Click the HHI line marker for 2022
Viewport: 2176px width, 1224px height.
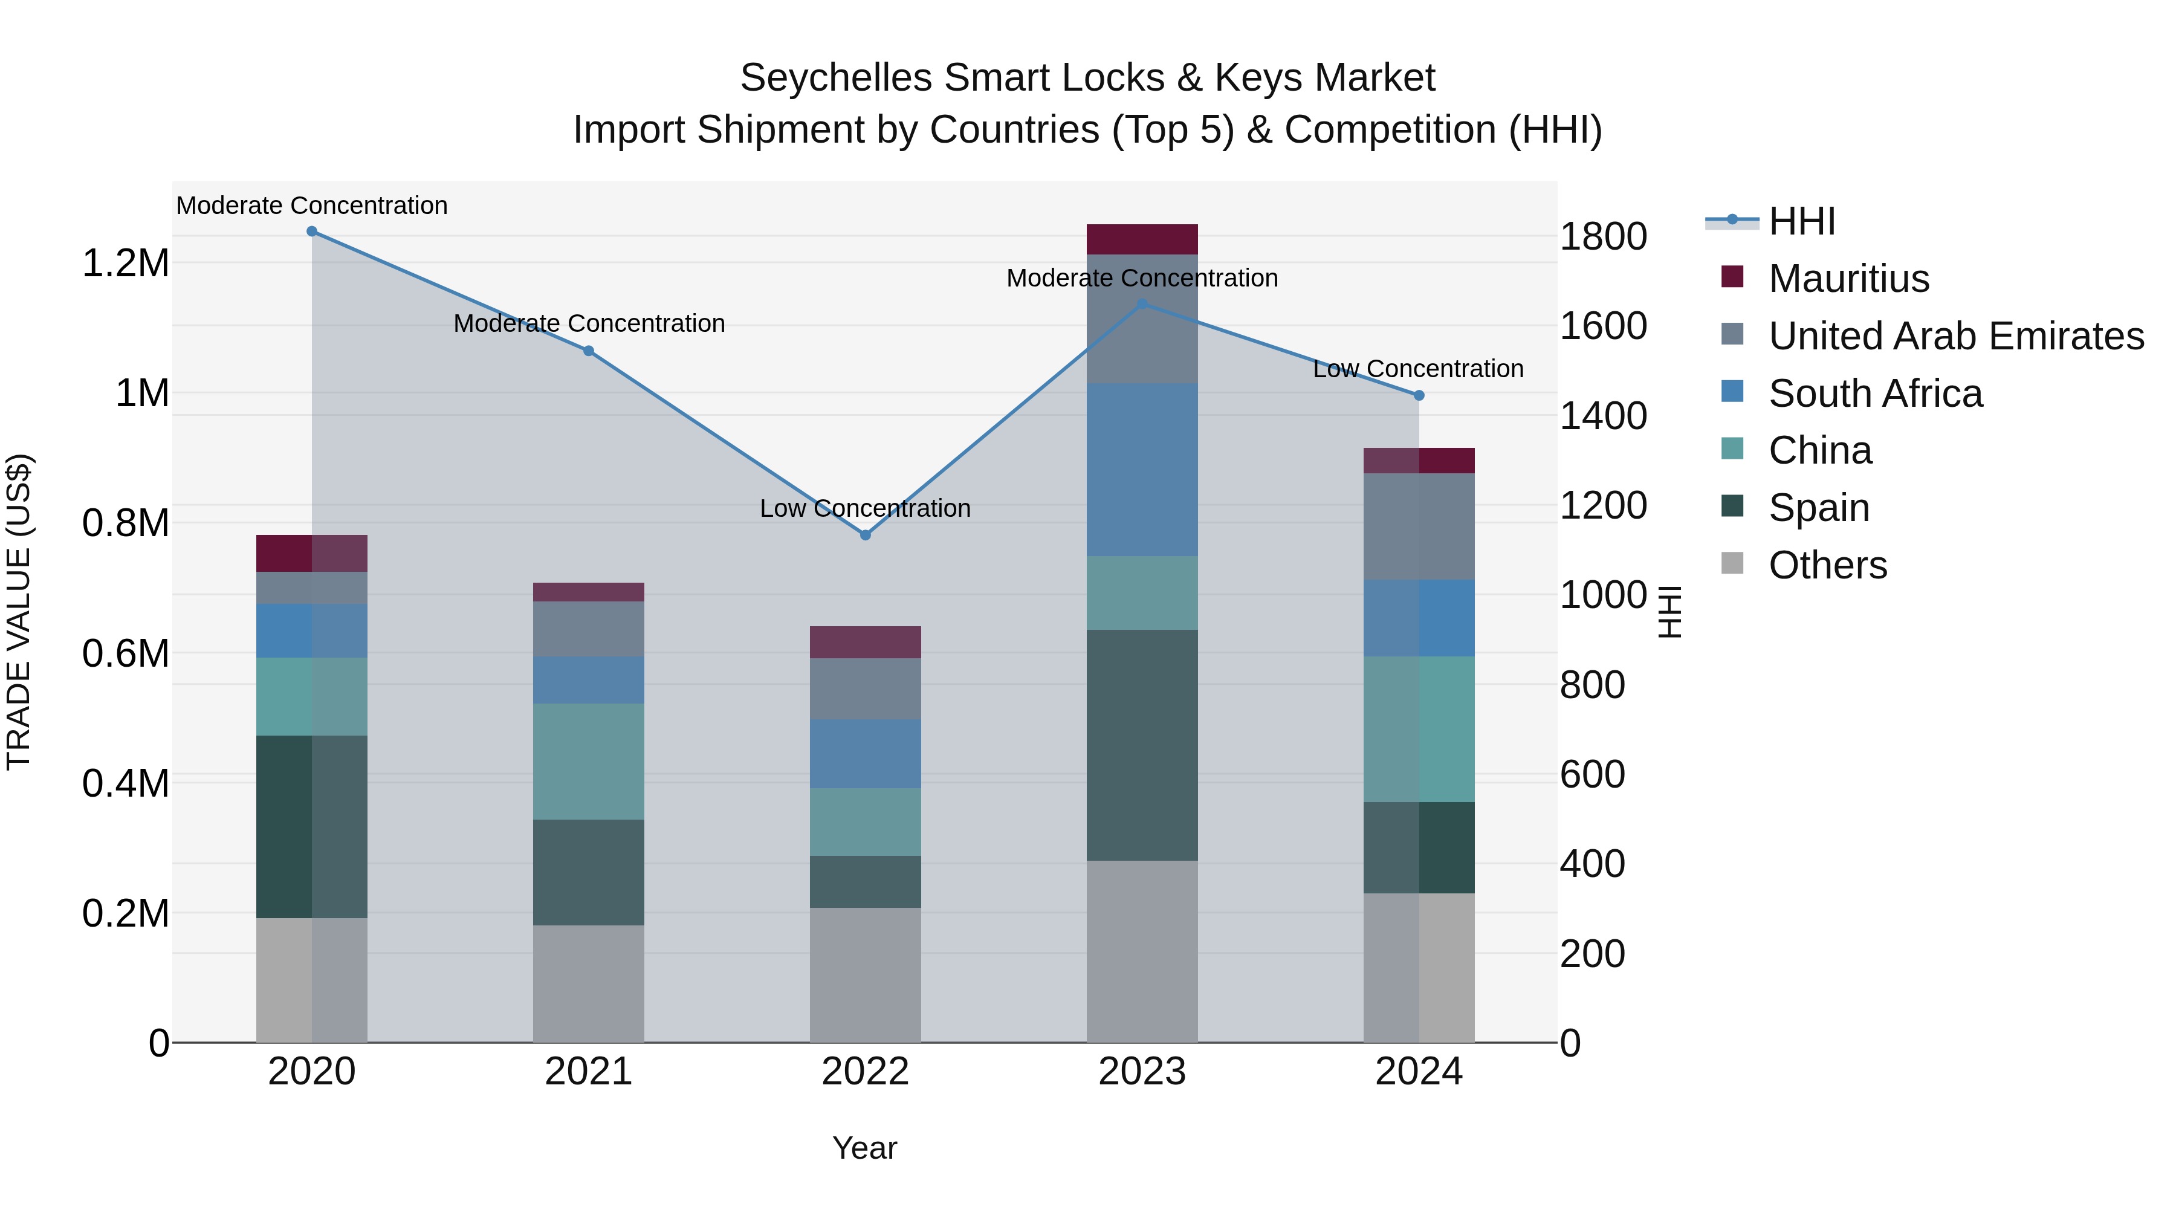[x=865, y=535]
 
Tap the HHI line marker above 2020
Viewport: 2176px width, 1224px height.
[x=312, y=231]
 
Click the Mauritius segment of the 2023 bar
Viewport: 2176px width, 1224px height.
[x=1142, y=239]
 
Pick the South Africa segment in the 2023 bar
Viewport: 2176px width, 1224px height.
[x=1142, y=469]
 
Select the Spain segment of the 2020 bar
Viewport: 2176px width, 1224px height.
[x=312, y=826]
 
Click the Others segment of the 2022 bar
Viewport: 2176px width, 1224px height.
[x=865, y=975]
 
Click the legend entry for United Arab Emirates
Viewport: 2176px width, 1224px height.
[x=1955, y=336]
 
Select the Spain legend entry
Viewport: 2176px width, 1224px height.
[x=1819, y=508]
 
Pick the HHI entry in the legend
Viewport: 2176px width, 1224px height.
[x=1801, y=221]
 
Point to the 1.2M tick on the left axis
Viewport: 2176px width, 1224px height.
[x=126, y=264]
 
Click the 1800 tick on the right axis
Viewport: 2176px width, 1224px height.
[x=1602, y=236]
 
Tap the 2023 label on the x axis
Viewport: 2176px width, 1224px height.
[x=1142, y=1072]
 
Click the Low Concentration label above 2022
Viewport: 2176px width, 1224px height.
[x=865, y=508]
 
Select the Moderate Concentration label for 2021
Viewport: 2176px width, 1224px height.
[x=589, y=323]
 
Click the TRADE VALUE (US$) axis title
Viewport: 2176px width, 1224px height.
[x=19, y=612]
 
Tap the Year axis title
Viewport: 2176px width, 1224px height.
[x=865, y=1148]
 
